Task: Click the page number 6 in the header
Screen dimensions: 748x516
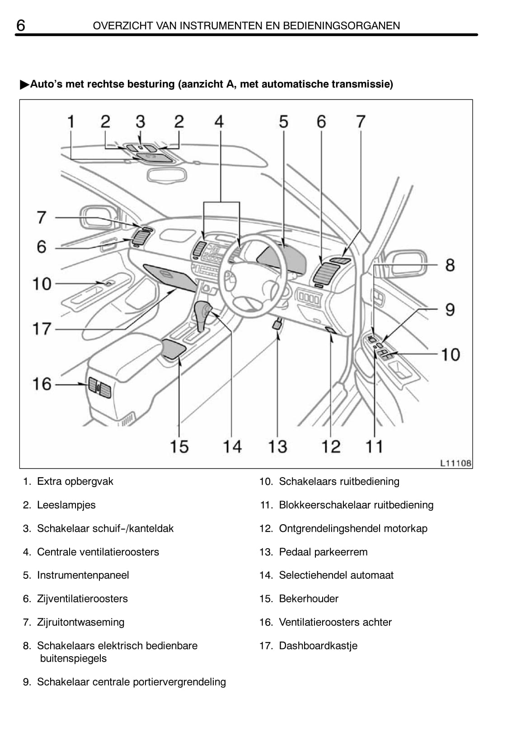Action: coord(21,25)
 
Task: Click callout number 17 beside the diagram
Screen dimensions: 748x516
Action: coord(42,329)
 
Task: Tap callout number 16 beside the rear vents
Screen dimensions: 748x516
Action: coord(42,384)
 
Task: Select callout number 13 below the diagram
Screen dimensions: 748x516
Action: coord(277,447)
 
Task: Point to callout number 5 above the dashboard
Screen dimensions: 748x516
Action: coord(283,122)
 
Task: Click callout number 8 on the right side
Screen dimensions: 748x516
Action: coord(450,265)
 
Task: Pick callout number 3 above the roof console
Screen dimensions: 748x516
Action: coord(140,122)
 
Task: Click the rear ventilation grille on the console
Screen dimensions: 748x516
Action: coord(100,387)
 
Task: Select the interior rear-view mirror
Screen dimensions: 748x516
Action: coord(167,175)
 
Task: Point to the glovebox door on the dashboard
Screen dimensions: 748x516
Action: coord(170,277)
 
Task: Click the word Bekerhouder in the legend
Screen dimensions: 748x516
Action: coord(309,599)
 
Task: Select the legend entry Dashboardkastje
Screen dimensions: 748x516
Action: coord(318,646)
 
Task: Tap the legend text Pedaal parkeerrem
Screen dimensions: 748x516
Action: coord(323,552)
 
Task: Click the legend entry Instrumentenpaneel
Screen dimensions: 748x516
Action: coord(83,575)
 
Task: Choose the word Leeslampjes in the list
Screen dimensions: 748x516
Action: coord(66,505)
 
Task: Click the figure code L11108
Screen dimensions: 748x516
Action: coord(456,463)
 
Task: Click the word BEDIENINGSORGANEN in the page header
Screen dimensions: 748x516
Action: coord(342,26)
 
